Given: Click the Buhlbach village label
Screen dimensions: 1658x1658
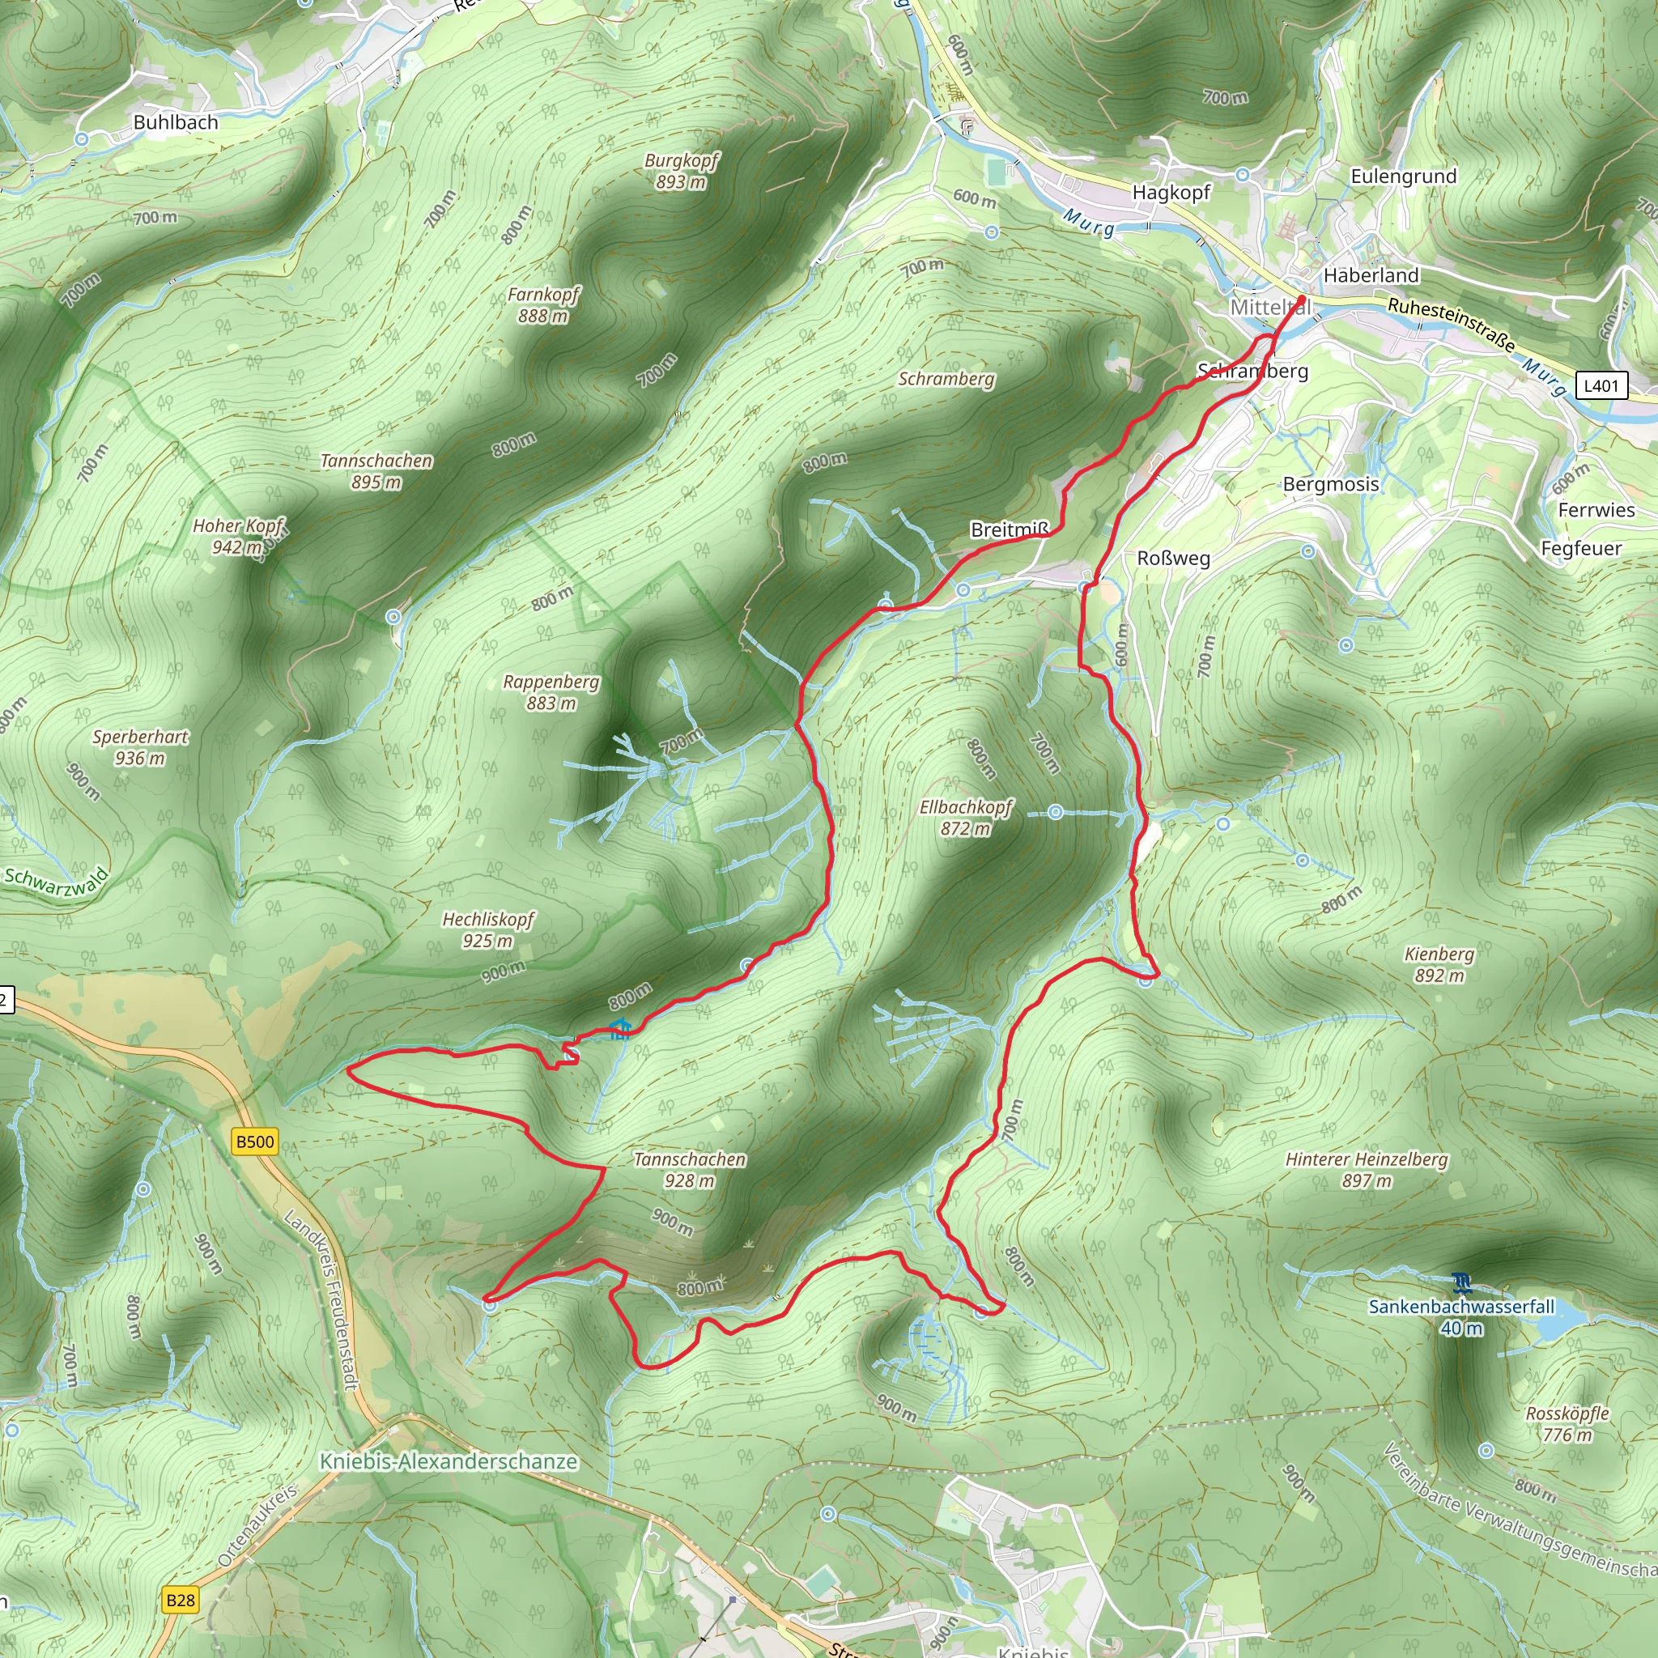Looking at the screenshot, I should click(x=175, y=123).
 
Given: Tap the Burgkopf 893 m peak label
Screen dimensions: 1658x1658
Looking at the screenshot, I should click(x=682, y=171).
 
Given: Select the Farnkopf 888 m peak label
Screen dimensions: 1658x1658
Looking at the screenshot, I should click(x=543, y=305).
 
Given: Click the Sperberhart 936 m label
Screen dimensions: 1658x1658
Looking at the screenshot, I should click(x=140, y=747).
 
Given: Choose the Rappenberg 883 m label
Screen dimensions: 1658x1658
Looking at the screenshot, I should click(x=551, y=692).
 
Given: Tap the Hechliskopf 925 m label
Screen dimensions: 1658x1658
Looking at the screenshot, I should click(x=487, y=930).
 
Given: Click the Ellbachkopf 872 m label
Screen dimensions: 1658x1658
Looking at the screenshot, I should click(x=966, y=818).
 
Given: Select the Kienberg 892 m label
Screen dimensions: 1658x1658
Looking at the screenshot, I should click(x=1439, y=964).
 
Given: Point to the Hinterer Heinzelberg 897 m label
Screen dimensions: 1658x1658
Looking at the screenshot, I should click(x=1367, y=1170).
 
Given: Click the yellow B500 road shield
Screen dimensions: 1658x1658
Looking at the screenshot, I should click(x=255, y=1141).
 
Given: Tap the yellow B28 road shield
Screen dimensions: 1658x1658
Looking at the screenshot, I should click(x=181, y=1600).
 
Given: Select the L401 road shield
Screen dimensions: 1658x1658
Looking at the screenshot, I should click(x=1601, y=385).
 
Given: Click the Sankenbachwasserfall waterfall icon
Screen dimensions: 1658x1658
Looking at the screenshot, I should click(x=1463, y=1284).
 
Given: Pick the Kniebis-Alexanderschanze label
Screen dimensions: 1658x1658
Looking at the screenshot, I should click(x=448, y=1461).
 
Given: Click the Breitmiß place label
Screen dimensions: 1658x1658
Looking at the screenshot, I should click(x=1010, y=530).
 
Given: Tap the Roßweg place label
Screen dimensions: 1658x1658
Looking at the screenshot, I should click(x=1173, y=559).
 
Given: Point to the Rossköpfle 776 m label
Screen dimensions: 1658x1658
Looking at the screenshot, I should click(x=1567, y=1424).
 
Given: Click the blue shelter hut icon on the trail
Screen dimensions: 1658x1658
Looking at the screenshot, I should click(x=619, y=1029).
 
